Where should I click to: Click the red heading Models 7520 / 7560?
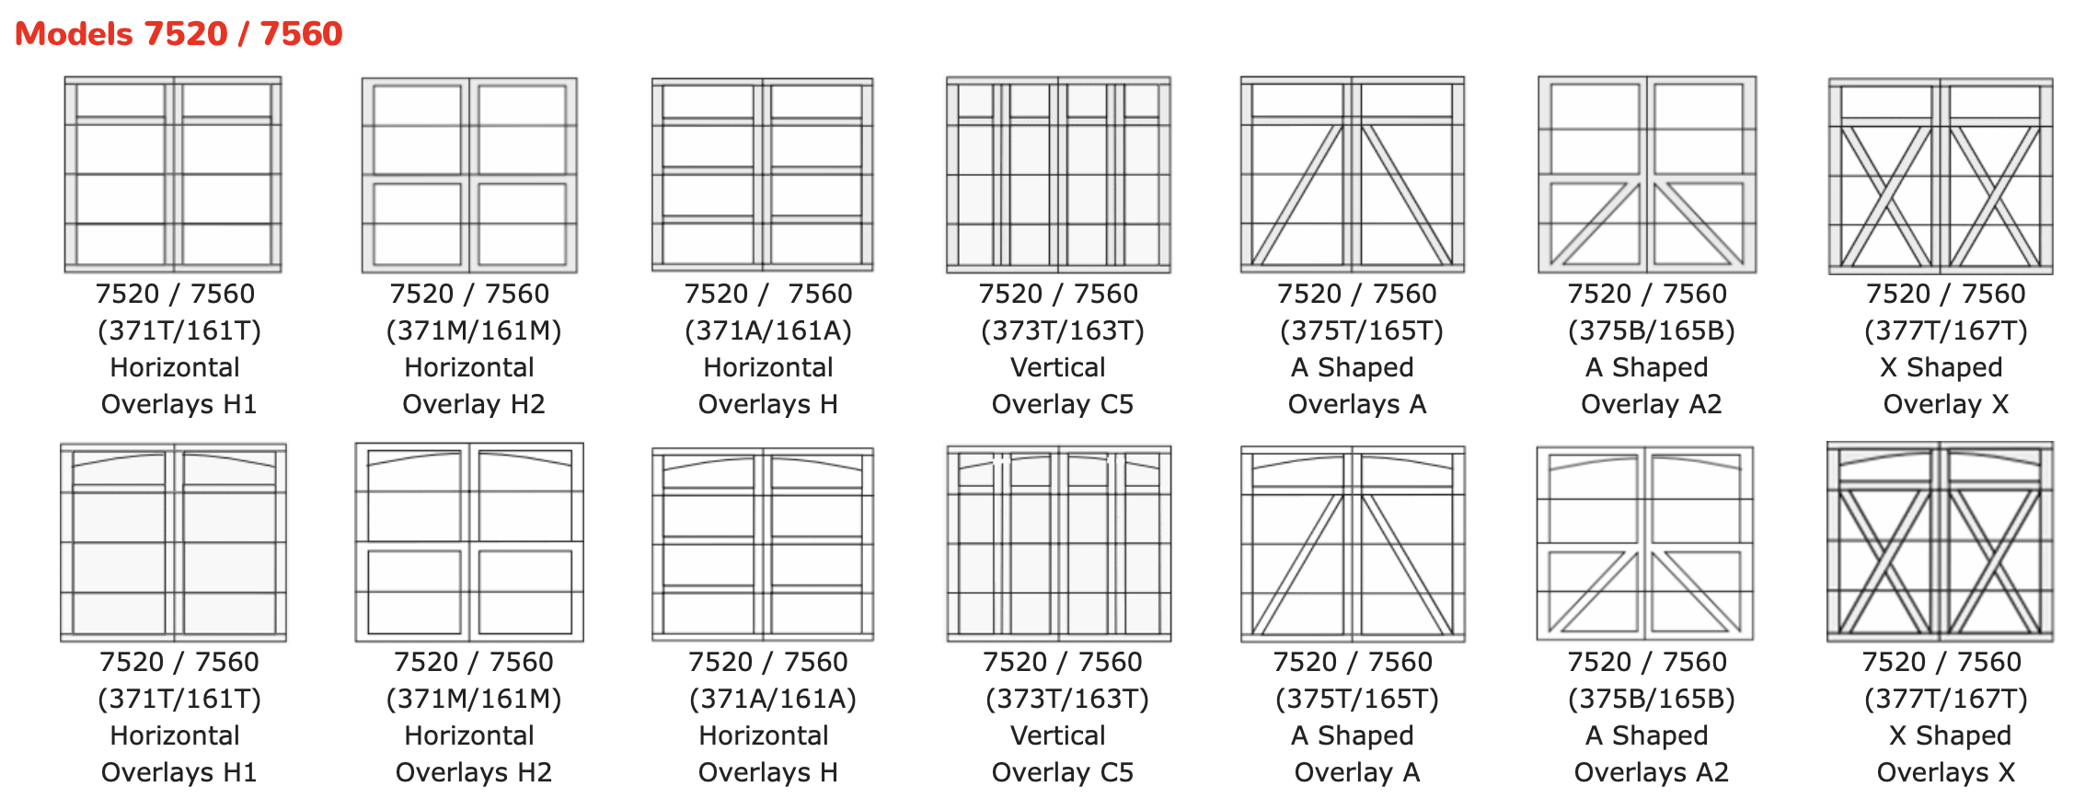(x=179, y=34)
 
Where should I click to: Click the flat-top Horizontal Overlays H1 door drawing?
(x=173, y=175)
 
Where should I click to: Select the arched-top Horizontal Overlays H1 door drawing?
(x=173, y=542)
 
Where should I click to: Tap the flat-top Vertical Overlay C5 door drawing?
(x=1058, y=175)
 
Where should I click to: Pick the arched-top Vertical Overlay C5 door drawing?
(x=1058, y=543)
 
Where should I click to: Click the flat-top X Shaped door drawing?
(x=1941, y=176)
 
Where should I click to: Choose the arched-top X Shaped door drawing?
(x=1940, y=542)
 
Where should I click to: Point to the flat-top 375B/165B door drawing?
(x=1647, y=175)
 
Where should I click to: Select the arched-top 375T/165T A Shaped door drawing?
(x=1353, y=543)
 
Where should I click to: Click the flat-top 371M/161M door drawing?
(x=469, y=175)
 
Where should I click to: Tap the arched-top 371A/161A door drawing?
(x=763, y=543)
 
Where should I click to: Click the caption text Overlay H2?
(x=473, y=404)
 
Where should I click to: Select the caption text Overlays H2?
(x=473, y=772)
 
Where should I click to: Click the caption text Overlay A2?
(x=1651, y=404)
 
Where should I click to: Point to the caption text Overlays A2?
(x=1651, y=772)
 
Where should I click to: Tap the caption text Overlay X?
(x=1945, y=404)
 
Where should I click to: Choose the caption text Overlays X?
(x=1945, y=772)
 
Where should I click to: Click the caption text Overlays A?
(x=1356, y=404)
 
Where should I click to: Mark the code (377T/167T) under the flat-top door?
(x=1945, y=330)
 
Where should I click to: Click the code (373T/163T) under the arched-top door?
(x=1066, y=699)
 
